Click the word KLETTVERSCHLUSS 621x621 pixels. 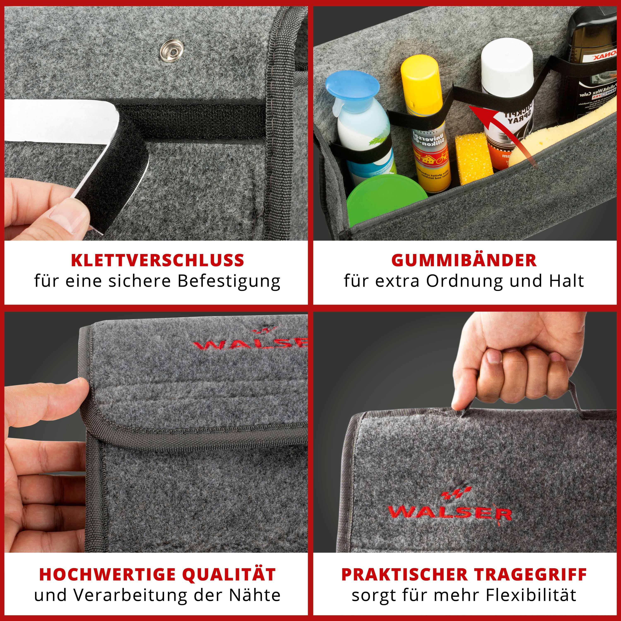click(x=158, y=260)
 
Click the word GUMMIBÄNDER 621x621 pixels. click(x=464, y=260)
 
